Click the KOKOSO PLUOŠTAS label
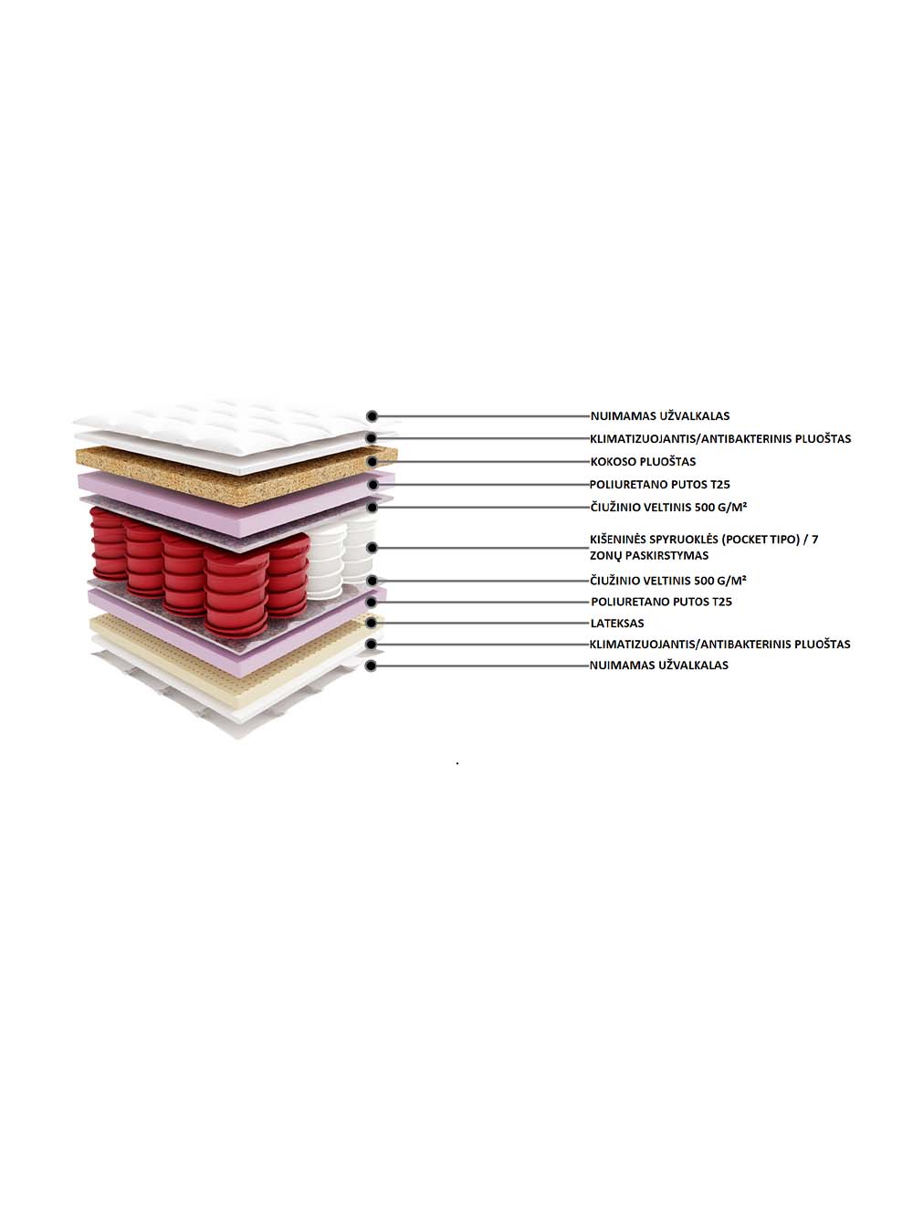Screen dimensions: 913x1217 point(643,461)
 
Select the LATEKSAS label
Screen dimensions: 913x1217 point(617,624)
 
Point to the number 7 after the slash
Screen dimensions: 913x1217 point(815,539)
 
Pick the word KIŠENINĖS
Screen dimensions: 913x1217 point(617,539)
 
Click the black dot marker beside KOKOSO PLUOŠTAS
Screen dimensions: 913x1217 point(373,461)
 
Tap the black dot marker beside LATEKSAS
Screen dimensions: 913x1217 point(372,624)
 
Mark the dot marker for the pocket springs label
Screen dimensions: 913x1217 point(372,548)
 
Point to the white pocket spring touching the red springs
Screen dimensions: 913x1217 point(326,560)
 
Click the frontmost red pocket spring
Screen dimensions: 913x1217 point(236,593)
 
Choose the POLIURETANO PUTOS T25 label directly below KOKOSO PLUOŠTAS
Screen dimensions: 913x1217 point(660,484)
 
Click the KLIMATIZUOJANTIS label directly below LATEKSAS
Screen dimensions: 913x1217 point(719,644)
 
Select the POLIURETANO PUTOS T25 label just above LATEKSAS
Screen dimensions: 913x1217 point(661,602)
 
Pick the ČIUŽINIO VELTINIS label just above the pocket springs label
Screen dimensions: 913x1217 point(668,507)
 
